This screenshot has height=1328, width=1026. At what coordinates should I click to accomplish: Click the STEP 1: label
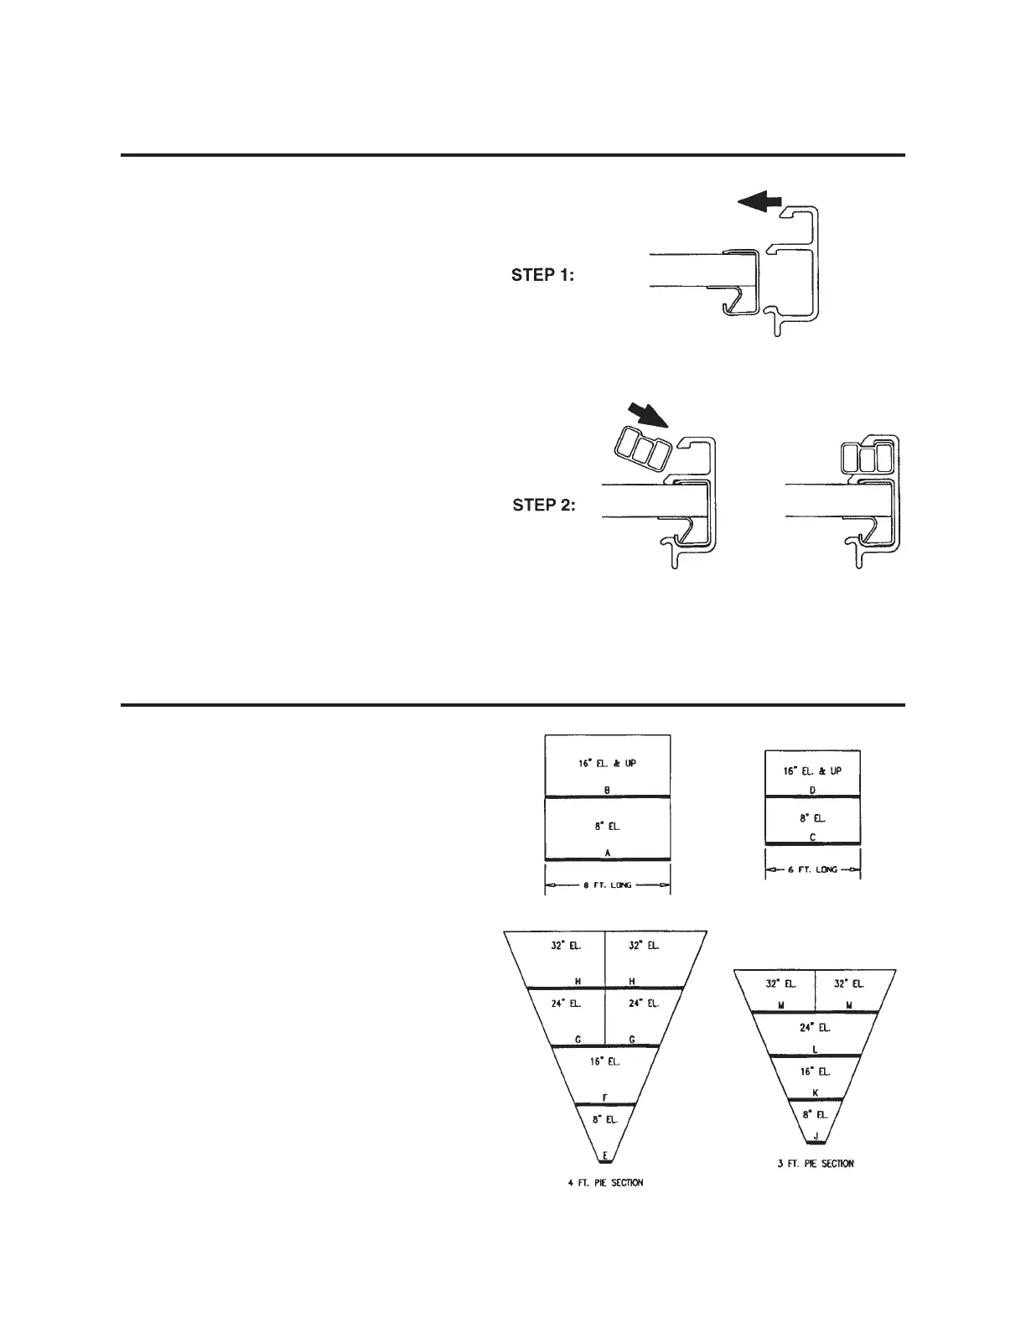[542, 275]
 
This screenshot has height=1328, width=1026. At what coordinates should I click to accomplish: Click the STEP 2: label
[543, 506]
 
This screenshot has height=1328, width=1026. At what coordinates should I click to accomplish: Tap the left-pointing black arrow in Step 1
[759, 201]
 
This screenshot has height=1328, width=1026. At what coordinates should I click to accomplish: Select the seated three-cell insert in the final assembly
[863, 459]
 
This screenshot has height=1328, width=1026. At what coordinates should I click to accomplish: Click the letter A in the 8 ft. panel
[607, 852]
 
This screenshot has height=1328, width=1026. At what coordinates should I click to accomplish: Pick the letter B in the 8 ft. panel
[606, 790]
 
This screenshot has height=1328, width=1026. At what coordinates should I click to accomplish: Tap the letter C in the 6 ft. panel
[812, 838]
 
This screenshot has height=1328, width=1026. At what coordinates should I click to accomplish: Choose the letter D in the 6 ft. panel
[812, 791]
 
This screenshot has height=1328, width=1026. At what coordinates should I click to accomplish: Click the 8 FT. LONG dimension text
[607, 885]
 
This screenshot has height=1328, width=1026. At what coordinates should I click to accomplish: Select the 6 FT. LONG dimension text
[813, 870]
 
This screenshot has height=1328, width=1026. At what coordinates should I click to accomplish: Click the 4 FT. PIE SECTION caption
[605, 1183]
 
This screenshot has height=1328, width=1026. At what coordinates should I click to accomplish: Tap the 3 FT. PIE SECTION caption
[815, 1163]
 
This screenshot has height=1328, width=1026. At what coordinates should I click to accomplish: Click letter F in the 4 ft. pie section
[605, 1097]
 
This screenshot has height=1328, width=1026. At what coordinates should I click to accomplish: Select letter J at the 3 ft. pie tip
[815, 1136]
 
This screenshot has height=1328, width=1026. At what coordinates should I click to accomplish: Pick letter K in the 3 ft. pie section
[815, 1092]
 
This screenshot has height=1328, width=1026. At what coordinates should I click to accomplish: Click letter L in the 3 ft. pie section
[815, 1049]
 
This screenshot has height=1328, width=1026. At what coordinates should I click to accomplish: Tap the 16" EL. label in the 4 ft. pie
[604, 1061]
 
